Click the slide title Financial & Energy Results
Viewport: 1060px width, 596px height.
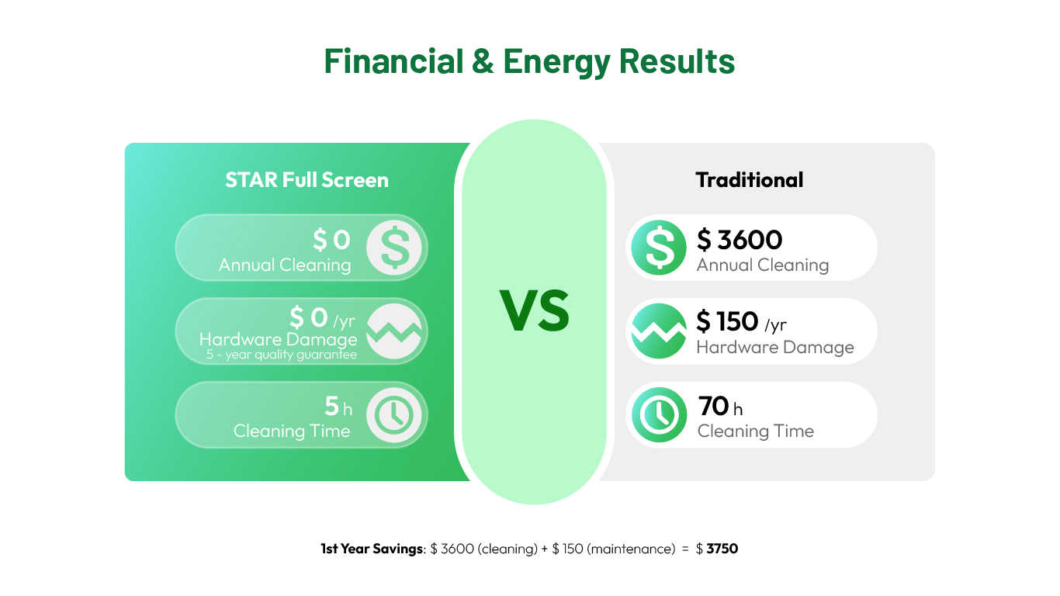tap(529, 61)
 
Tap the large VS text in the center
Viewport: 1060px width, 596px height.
tap(534, 311)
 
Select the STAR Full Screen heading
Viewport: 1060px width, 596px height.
tap(307, 180)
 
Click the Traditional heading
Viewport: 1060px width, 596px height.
tap(749, 180)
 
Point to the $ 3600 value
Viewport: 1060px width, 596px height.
tap(740, 240)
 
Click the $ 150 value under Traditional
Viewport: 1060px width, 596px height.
tap(727, 321)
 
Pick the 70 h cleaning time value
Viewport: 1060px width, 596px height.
tap(720, 406)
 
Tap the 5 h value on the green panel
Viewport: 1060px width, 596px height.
tap(338, 406)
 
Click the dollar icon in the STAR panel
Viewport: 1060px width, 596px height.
tap(393, 248)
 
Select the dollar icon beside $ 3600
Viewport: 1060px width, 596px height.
tap(659, 248)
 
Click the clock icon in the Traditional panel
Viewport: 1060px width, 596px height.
tap(659, 414)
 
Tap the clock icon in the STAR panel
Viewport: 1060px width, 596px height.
tap(393, 414)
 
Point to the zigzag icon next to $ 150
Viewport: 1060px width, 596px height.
tap(659, 331)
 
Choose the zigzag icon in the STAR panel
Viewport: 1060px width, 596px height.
tap(393, 331)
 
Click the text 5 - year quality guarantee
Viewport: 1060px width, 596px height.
tap(282, 355)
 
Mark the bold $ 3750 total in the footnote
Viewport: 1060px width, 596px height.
tap(716, 549)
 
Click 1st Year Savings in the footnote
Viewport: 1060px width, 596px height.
tap(372, 549)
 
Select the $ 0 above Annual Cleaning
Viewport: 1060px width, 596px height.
tap(331, 240)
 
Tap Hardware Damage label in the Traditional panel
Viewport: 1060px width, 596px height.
tap(775, 348)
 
